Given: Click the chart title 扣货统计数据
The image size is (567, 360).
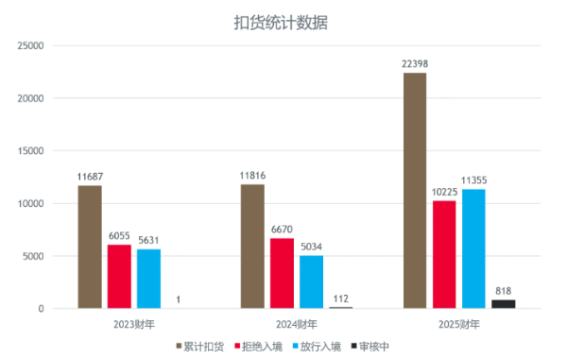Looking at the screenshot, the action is pyautogui.click(x=281, y=23).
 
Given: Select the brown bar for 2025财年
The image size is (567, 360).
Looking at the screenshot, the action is pyautogui.click(x=415, y=191).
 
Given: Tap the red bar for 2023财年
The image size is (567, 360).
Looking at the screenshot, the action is pyautogui.click(x=119, y=277).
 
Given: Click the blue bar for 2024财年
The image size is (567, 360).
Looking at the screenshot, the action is pyautogui.click(x=311, y=282).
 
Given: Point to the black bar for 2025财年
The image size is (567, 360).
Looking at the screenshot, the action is pyautogui.click(x=504, y=304).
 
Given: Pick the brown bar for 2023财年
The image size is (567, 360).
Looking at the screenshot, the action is pyautogui.click(x=90, y=247).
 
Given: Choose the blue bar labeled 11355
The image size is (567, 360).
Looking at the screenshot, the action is pyautogui.click(x=473, y=249).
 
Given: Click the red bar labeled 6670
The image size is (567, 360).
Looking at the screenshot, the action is pyautogui.click(x=282, y=273).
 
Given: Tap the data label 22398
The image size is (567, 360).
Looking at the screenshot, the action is pyautogui.click(x=415, y=64).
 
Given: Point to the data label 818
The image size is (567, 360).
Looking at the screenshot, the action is pyautogui.click(x=504, y=291).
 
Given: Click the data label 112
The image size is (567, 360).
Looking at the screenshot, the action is pyautogui.click(x=341, y=299).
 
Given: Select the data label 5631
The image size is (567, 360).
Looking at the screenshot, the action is pyautogui.click(x=148, y=240).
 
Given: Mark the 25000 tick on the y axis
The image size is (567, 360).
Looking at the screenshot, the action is pyautogui.click(x=31, y=46).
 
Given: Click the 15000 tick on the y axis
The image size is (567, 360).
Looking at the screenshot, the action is pyautogui.click(x=31, y=151).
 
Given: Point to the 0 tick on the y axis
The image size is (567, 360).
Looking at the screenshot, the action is pyautogui.click(x=42, y=309).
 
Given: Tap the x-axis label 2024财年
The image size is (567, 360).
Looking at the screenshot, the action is pyautogui.click(x=297, y=325).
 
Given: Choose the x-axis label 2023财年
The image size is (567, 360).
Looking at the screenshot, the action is pyautogui.click(x=134, y=325).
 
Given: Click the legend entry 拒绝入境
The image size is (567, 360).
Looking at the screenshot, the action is pyautogui.click(x=259, y=347).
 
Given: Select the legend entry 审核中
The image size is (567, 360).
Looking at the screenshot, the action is pyautogui.click(x=370, y=347).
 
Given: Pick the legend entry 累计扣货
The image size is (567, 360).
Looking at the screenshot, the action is pyautogui.click(x=200, y=347).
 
